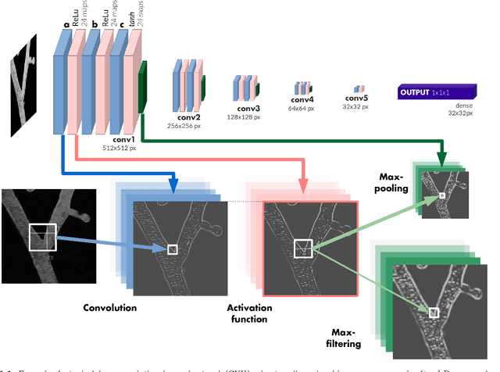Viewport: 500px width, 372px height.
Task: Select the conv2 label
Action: click(x=189, y=116)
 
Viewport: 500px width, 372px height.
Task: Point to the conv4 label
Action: click(x=302, y=100)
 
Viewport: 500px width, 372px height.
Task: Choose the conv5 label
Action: click(x=358, y=99)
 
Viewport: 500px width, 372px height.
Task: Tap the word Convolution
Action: click(x=110, y=308)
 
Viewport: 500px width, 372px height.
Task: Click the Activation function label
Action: click(x=250, y=313)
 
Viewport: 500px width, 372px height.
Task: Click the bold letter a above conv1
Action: click(x=66, y=24)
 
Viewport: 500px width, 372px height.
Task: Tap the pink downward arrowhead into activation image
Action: click(x=302, y=187)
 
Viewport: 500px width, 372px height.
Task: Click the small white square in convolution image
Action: click(x=172, y=249)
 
